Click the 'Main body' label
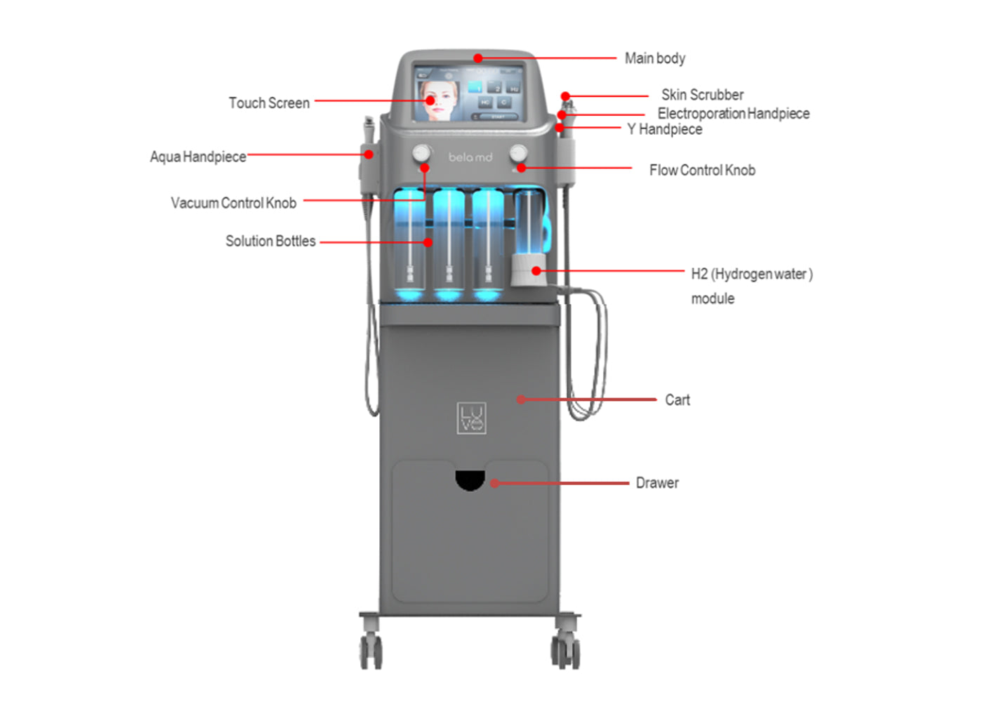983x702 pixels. point(654,58)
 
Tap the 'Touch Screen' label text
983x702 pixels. point(269,103)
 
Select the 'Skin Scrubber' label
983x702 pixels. point(702,95)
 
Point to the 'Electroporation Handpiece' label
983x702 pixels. point(733,113)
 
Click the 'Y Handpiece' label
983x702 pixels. point(664,129)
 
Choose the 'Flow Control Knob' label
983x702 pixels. point(702,170)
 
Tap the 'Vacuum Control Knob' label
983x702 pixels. point(233,203)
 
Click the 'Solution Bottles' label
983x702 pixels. point(270,241)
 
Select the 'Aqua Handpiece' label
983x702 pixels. point(198,157)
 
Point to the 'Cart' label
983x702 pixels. point(678,400)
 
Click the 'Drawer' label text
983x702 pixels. point(657,483)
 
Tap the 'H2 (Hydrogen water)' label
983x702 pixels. point(751,274)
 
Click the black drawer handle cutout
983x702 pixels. point(470,479)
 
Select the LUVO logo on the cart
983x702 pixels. point(471,418)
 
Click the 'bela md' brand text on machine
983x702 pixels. point(470,157)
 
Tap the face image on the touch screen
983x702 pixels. point(439,100)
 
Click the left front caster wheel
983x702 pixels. point(371,651)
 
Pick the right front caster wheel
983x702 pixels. point(566,651)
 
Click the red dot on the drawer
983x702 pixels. point(495,483)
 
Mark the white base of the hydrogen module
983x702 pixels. point(525,271)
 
